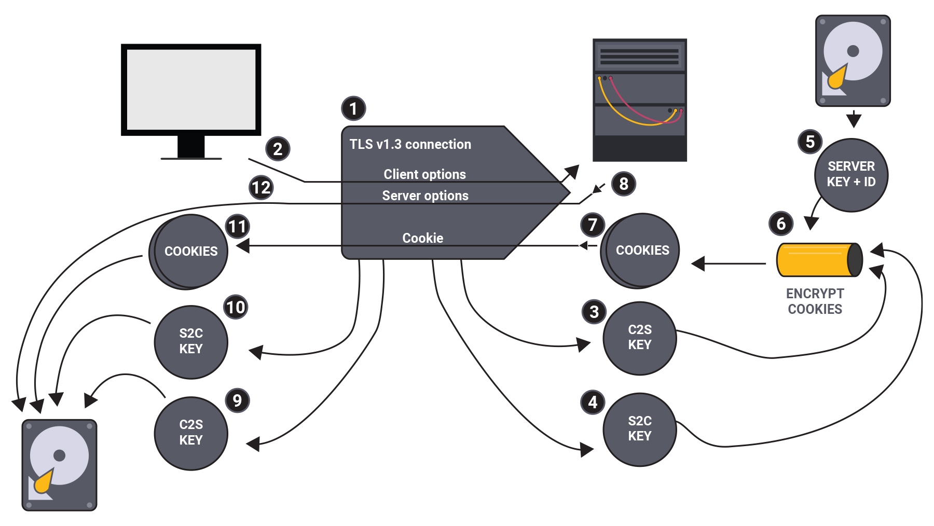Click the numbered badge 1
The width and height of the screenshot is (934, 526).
(353, 109)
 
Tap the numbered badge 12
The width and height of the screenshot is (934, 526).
(261, 187)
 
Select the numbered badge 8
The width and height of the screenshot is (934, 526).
(624, 184)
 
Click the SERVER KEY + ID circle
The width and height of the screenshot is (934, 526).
(851, 175)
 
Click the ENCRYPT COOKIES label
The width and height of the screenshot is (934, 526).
(815, 301)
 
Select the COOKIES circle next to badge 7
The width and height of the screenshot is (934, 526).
(642, 250)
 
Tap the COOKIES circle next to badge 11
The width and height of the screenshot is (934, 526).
(190, 251)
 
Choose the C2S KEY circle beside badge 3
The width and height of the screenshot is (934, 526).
(639, 338)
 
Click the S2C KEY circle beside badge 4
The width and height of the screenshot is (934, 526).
(639, 429)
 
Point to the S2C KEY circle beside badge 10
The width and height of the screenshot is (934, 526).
(190, 341)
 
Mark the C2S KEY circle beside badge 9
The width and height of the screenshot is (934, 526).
(190, 433)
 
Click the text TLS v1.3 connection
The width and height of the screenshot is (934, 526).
(410, 144)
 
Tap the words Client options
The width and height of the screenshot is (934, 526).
(424, 174)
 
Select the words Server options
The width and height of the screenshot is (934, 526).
(425, 196)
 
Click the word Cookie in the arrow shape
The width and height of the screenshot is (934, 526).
(422, 238)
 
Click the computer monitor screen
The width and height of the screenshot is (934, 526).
(190, 89)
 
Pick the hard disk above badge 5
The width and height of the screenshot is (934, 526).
(853, 61)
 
